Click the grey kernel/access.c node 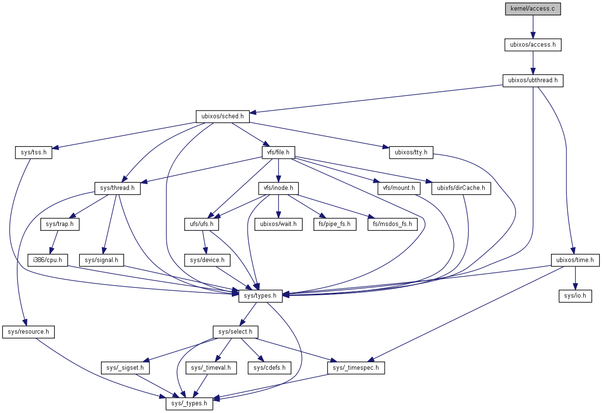click(533, 9)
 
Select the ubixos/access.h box click(533, 45)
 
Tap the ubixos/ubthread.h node click(533, 80)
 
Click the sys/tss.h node click(33, 152)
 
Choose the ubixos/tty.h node click(411, 152)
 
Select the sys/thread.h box click(117, 188)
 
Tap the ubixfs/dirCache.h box click(461, 188)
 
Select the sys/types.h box click(260, 296)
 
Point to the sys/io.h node click(575, 296)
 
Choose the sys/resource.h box click(28, 332)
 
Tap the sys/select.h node click(236, 332)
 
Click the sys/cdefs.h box click(269, 368)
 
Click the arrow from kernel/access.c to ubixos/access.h click(533, 27)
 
